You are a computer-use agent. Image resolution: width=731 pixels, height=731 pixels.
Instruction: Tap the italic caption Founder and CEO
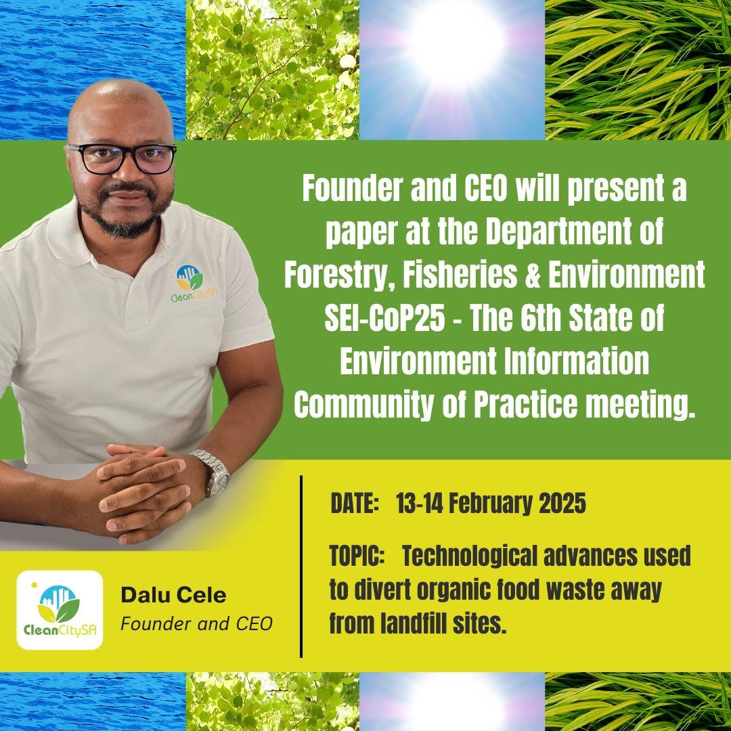coord(196,623)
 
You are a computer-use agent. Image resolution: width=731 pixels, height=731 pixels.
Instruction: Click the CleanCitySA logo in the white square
coord(60,610)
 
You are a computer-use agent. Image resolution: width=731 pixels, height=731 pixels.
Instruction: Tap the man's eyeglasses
coord(122,158)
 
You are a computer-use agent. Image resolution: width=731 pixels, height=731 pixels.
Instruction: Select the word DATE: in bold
coord(353,504)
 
